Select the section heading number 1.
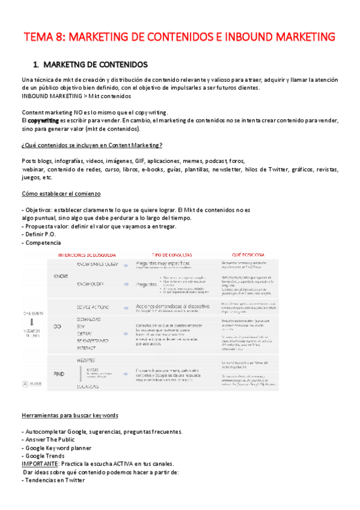click(x=36, y=64)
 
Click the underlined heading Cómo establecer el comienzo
click(x=61, y=194)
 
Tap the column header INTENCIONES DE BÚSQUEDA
click(x=87, y=254)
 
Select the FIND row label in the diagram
click(x=59, y=373)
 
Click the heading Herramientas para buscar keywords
click(x=70, y=416)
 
